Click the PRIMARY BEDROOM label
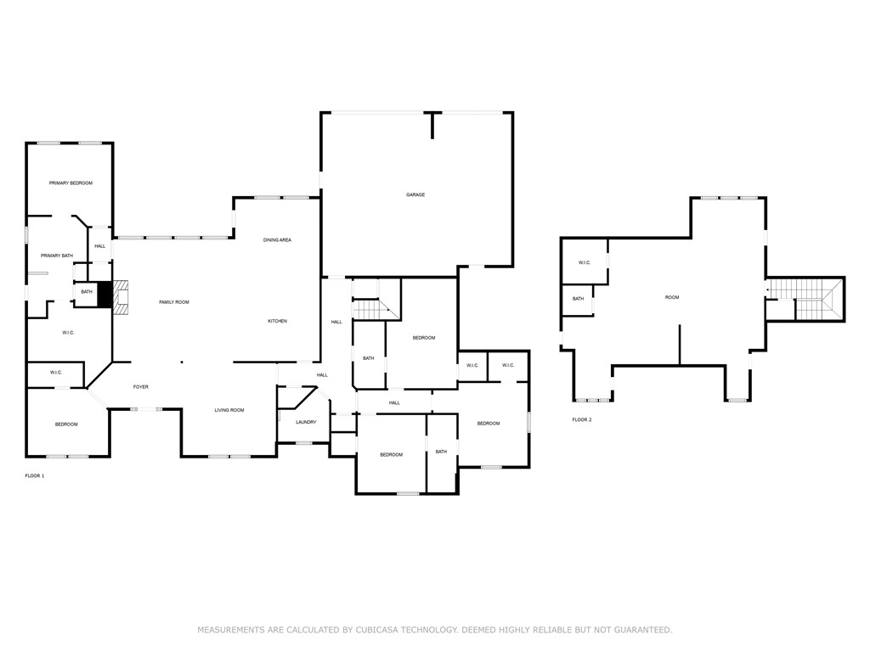[x=71, y=183]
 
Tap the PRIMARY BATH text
[x=57, y=256]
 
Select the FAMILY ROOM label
[x=174, y=302]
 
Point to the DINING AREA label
[x=277, y=240]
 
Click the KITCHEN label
[x=277, y=321]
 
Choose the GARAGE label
[x=415, y=195]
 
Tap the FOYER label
[x=141, y=387]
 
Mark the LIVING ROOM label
[x=229, y=410]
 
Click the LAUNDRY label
[x=306, y=422]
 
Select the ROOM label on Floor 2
[x=672, y=297]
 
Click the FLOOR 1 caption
[x=35, y=476]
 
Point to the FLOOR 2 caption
[x=582, y=419]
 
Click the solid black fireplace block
[x=105, y=295]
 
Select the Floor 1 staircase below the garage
[x=370, y=309]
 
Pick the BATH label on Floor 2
[x=578, y=299]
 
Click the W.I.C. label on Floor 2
[x=585, y=262]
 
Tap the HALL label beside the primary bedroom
[x=100, y=246]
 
